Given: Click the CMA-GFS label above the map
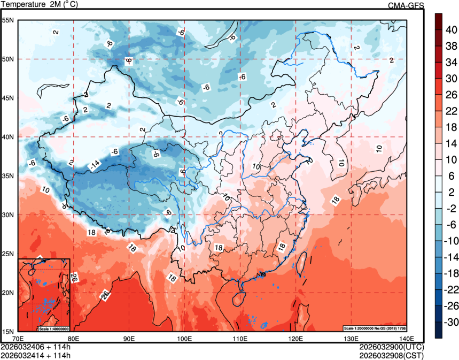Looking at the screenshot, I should pos(406,5).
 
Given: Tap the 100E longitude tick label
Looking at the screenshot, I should pos(184,338).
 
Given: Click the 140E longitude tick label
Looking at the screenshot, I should pos(407,338).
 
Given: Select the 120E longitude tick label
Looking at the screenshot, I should pos(295,338).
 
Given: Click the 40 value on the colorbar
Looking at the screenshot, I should pos(452,30).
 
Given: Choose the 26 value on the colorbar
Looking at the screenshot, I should pos(452,95).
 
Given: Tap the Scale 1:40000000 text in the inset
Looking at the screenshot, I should pos(54,328).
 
